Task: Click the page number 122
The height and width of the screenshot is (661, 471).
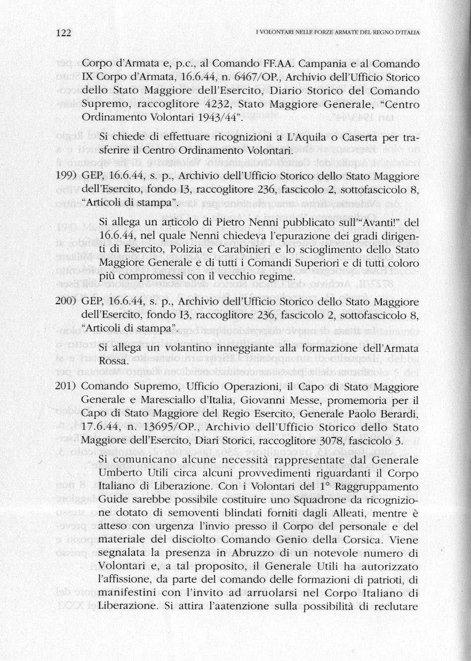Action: click(64, 33)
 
